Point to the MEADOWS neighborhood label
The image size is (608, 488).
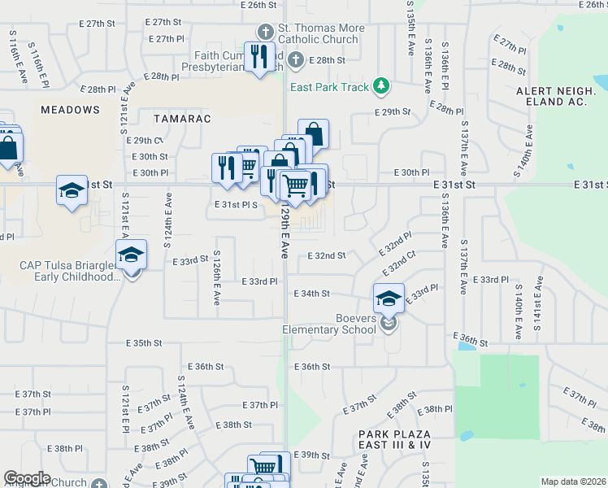click(71, 110)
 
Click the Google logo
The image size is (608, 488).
click(27, 478)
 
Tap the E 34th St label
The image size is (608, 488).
click(311, 293)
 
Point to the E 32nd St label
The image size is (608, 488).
click(327, 255)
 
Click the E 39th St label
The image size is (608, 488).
click(311, 455)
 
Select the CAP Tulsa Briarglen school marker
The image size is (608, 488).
click(131, 255)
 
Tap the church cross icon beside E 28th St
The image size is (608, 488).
click(296, 59)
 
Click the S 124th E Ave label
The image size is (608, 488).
click(168, 220)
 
